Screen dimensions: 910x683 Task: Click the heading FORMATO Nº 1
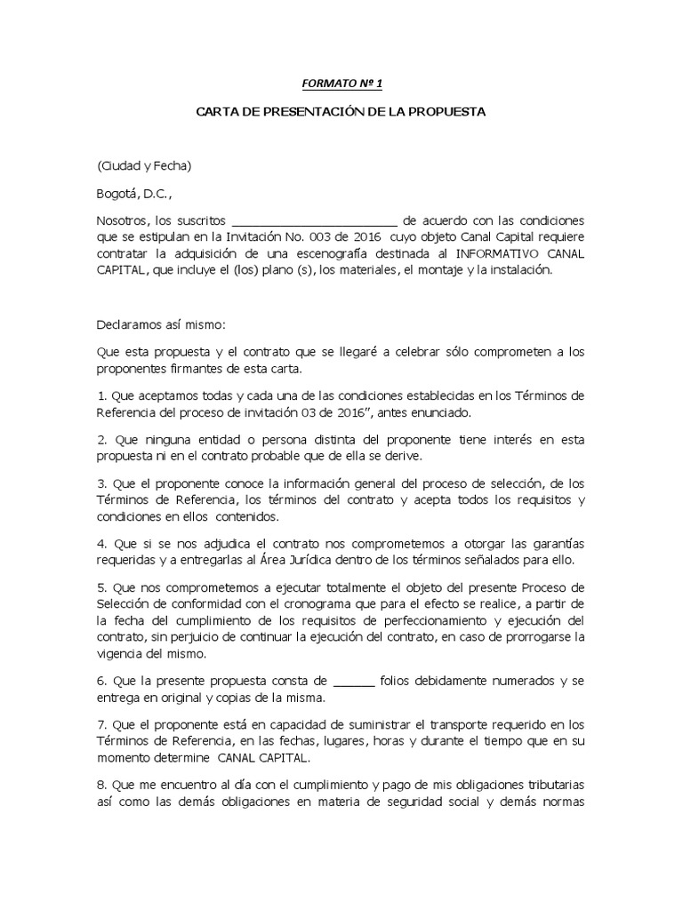coord(341,84)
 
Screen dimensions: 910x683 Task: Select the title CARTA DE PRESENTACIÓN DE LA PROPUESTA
coord(341,113)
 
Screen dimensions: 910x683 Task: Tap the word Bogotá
coord(117,193)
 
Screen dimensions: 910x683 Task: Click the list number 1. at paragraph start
coord(101,395)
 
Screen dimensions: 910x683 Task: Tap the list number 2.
coord(101,439)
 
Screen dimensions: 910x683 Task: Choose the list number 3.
coord(101,483)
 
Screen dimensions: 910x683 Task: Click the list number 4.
coord(101,542)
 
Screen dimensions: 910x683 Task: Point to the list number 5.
coord(101,587)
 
